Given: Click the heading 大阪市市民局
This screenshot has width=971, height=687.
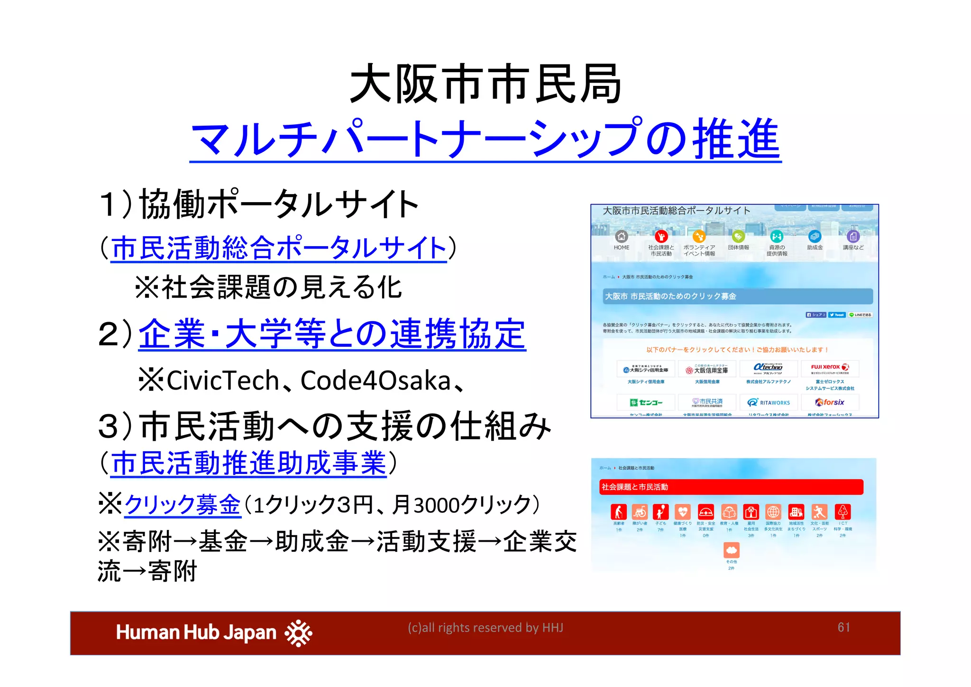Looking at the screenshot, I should click(485, 84).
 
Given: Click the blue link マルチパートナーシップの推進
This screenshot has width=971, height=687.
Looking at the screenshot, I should click(485, 139).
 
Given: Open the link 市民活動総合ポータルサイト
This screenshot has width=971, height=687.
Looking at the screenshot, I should click(279, 248).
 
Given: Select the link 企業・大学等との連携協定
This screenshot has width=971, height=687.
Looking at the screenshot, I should click(332, 334).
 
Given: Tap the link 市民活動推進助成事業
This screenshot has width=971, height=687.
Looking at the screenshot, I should click(249, 463).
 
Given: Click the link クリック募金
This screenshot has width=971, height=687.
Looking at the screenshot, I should click(183, 504).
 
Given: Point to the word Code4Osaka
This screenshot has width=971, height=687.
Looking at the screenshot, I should click(375, 381).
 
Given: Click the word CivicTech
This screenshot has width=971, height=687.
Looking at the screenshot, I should click(222, 381).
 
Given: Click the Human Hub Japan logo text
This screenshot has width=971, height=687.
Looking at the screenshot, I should click(196, 632).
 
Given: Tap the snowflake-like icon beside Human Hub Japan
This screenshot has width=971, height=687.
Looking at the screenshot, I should click(298, 633).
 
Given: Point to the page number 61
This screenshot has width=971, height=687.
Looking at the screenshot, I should click(843, 627).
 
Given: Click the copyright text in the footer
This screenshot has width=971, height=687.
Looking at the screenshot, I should click(485, 628).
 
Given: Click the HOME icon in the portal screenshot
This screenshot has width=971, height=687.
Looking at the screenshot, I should click(621, 236).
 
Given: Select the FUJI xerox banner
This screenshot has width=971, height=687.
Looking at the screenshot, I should click(830, 368).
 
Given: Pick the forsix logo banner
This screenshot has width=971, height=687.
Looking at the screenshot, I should click(830, 402).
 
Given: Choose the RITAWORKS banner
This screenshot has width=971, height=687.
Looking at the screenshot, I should click(769, 402).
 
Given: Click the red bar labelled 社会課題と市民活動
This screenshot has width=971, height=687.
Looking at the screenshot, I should click(731, 487).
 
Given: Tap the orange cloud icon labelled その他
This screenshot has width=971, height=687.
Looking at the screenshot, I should click(731, 550).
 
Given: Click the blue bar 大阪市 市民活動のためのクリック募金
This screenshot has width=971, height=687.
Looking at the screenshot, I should click(738, 296).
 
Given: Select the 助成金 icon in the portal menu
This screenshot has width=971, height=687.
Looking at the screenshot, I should click(815, 236).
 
